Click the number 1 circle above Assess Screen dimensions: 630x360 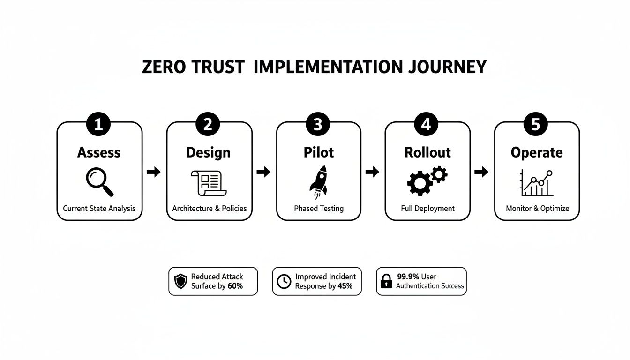pos(99,124)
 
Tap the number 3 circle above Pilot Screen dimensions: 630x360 pos(318,124)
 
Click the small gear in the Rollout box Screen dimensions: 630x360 pos(439,175)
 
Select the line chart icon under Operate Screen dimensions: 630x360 pos(537,183)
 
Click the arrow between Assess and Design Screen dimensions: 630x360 pos(154,172)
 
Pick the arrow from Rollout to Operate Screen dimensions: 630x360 pos(481,172)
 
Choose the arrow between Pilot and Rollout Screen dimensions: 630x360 pos(372,172)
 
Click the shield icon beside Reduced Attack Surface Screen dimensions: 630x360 pos(180,281)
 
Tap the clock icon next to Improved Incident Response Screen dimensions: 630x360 pos(284,281)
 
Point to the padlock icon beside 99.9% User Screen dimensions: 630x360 pos(386,281)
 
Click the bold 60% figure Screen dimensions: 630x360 pos(235,286)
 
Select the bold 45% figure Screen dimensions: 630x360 pos(345,286)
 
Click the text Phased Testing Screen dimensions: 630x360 pos(319,208)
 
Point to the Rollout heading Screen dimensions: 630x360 pos(427,152)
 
